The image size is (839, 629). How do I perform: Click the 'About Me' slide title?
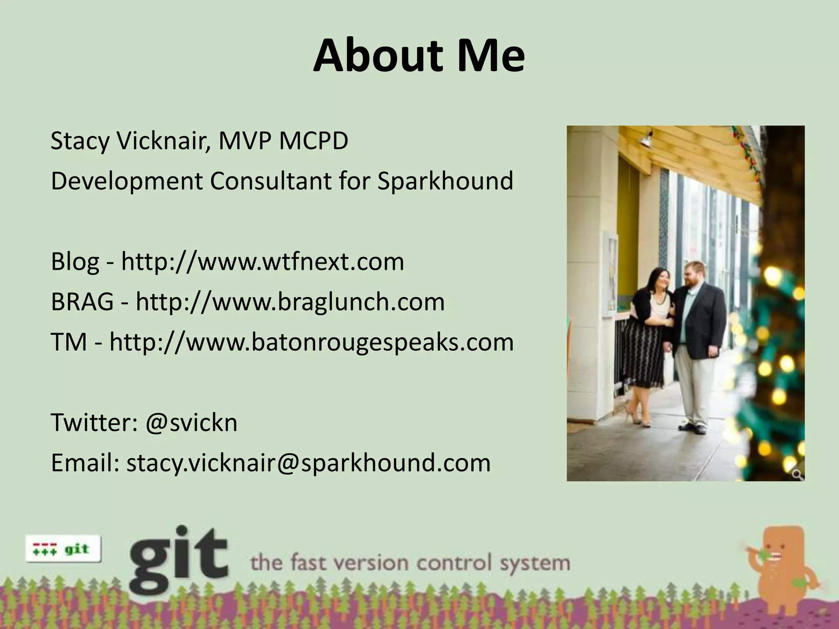419,56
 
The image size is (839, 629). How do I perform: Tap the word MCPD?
313,141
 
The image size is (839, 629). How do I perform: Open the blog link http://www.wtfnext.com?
262,262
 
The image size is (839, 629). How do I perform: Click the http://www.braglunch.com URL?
290,302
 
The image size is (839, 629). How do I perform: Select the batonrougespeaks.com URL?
311,342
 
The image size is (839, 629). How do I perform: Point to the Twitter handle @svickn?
191,423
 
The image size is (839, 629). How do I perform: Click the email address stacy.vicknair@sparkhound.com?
308,463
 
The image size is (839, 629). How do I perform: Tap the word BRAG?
82,302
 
